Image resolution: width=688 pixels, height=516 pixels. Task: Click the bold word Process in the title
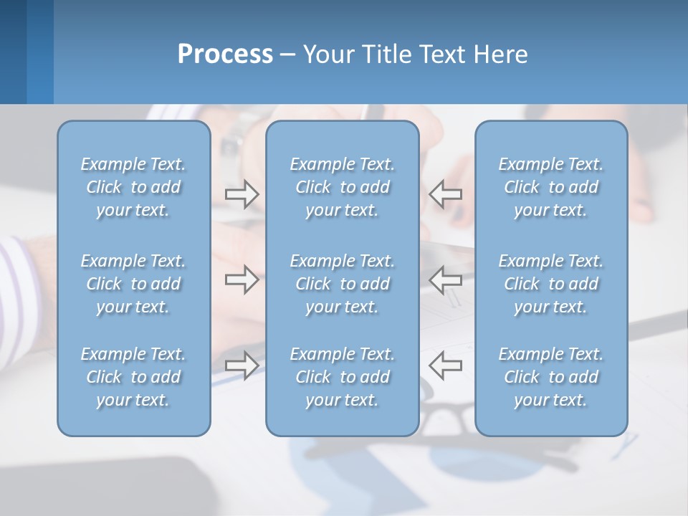[225, 54]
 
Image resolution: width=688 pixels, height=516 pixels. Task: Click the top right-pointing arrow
[242, 193]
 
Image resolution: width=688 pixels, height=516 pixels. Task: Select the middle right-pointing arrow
[242, 279]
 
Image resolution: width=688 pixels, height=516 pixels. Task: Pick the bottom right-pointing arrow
[242, 365]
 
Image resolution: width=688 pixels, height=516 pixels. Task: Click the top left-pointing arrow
[446, 193]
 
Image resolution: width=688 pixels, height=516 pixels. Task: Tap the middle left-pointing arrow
[446, 279]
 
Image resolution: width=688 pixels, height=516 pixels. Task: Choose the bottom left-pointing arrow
[446, 365]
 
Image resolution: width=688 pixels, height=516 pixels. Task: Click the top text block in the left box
[133, 187]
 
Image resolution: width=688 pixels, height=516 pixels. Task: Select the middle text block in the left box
[133, 284]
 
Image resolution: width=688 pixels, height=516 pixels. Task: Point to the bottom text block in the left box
[133, 377]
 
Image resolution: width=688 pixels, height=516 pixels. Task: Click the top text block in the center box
[342, 187]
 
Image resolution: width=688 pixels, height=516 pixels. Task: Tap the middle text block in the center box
[342, 284]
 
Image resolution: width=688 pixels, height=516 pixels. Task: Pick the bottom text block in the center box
[342, 377]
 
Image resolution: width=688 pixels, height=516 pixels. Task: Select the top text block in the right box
[550, 187]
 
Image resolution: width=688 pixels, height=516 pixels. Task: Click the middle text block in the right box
[550, 284]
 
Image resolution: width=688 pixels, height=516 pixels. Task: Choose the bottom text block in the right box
[550, 377]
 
